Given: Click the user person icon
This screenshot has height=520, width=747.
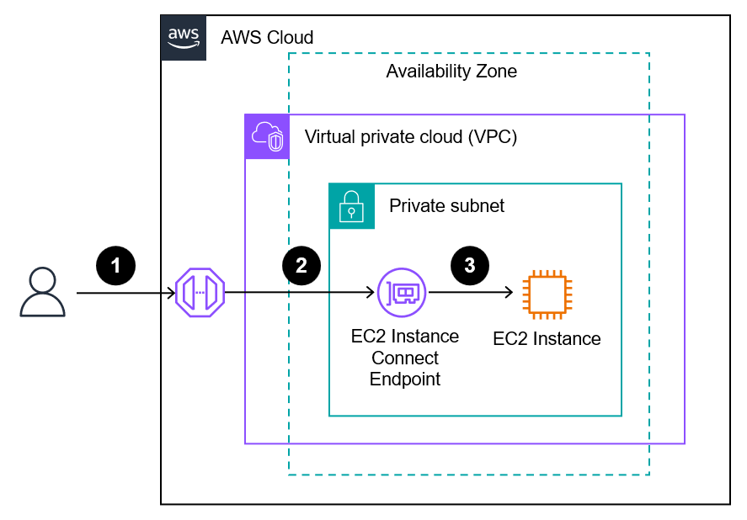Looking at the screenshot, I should pyautogui.click(x=42, y=292).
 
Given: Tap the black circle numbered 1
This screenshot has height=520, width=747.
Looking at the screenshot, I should pyautogui.click(x=116, y=265).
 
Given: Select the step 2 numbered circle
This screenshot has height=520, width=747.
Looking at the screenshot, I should pyautogui.click(x=301, y=265).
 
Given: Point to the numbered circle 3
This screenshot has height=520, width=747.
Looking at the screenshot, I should pyautogui.click(x=469, y=265).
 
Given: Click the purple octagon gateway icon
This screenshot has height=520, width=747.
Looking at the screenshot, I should pyautogui.click(x=200, y=293).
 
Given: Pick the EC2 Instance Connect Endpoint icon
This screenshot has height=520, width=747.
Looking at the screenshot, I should pyautogui.click(x=402, y=293).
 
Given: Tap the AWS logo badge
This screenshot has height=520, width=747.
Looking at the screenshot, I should pyautogui.click(x=183, y=38).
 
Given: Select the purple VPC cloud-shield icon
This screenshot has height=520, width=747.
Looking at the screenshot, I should pyautogui.click(x=267, y=136).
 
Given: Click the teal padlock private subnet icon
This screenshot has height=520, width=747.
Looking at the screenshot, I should pyautogui.click(x=351, y=205).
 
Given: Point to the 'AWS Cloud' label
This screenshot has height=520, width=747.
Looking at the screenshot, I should pyautogui.click(x=267, y=38).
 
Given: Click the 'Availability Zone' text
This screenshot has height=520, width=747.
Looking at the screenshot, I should pyautogui.click(x=451, y=72).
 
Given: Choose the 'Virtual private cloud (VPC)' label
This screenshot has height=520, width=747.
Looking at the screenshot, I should pyautogui.click(x=410, y=137).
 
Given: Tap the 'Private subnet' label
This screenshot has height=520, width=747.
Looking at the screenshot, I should pyautogui.click(x=446, y=206).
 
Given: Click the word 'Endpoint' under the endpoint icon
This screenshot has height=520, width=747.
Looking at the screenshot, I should pyautogui.click(x=405, y=379).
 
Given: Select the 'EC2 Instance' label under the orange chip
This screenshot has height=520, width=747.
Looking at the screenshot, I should pyautogui.click(x=547, y=339).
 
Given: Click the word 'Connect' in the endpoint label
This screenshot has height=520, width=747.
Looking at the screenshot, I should pyautogui.click(x=405, y=358).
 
